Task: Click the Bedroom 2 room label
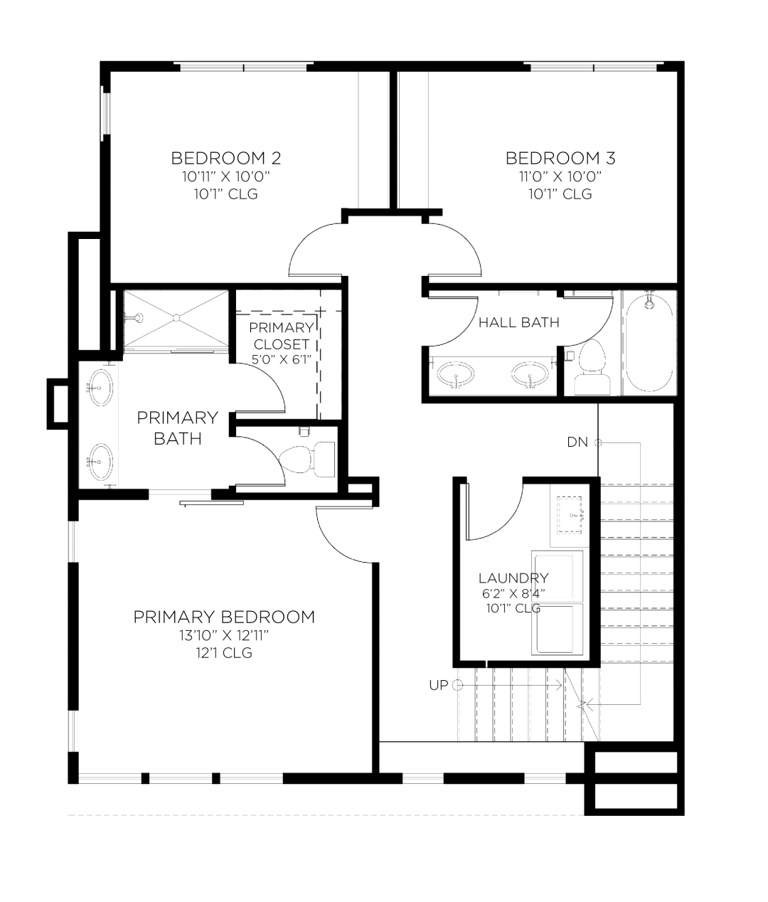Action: click(x=226, y=158)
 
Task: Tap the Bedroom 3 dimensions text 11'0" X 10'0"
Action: click(x=560, y=176)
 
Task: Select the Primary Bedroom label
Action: click(x=224, y=617)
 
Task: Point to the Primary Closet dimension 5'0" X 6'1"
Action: click(x=282, y=359)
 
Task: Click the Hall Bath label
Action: click(x=519, y=322)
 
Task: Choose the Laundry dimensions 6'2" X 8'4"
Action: click(x=513, y=593)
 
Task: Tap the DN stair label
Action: click(x=577, y=442)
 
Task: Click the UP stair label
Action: click(x=439, y=686)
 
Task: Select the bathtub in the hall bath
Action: click(x=649, y=343)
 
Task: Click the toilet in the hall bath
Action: click(x=592, y=367)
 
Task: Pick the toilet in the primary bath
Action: click(x=306, y=460)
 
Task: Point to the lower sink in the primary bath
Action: click(x=101, y=462)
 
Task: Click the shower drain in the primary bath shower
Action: click(x=176, y=318)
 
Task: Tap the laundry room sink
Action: click(x=570, y=514)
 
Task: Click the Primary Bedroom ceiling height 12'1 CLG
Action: click(x=224, y=653)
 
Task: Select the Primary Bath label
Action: click(x=178, y=428)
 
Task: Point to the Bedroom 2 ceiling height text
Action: click(x=226, y=193)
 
